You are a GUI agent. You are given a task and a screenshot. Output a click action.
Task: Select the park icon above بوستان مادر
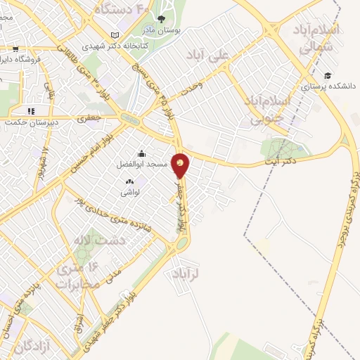coord(162,19)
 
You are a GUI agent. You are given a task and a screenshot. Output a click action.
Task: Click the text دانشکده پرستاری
coord(329,87)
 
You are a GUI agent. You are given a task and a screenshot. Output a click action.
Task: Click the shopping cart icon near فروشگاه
coord(15,49)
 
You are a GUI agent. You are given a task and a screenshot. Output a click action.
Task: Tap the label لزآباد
coord(186,275)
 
